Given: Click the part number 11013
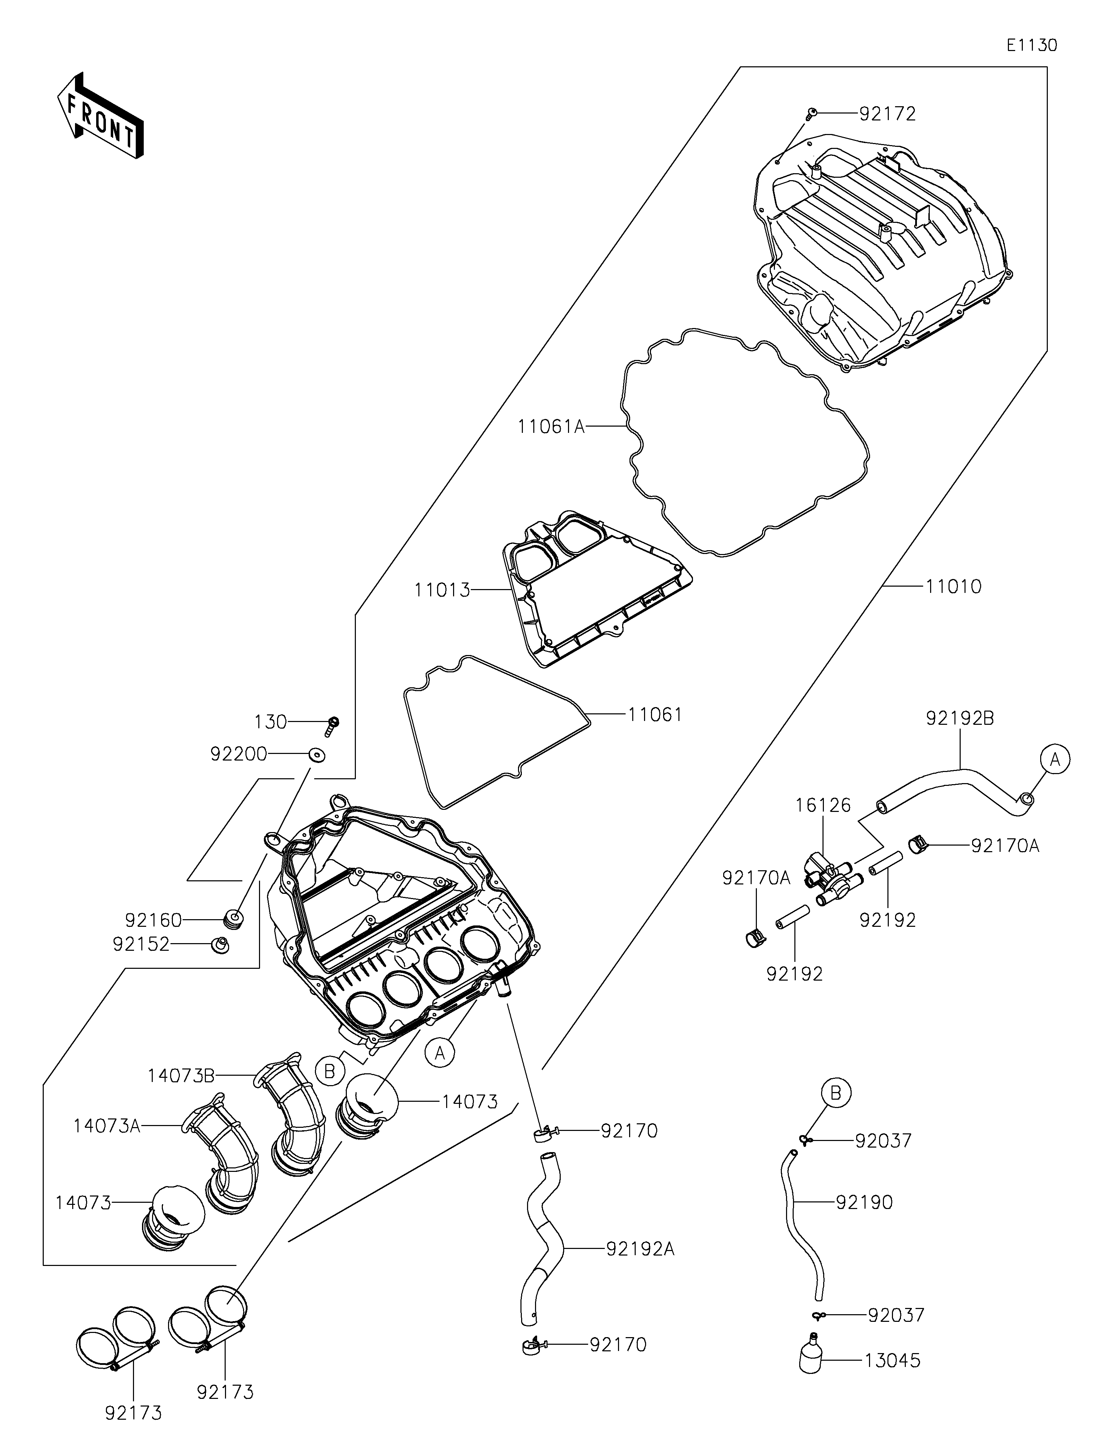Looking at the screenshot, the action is pyautogui.click(x=442, y=590).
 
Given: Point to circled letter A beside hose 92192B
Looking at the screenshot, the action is pyautogui.click(x=1055, y=760).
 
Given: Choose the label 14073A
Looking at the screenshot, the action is pyautogui.click(x=107, y=1125).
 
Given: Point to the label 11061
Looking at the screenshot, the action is pyautogui.click(x=655, y=714).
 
